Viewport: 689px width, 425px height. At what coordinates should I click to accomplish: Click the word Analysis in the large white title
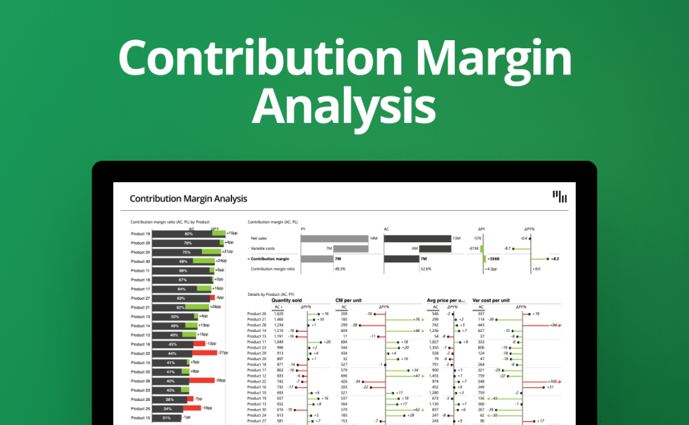344,108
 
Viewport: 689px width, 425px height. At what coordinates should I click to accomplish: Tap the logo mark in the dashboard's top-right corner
560,197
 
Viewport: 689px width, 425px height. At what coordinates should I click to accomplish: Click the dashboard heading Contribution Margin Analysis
188,199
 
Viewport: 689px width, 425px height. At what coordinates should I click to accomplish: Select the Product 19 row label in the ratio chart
140,234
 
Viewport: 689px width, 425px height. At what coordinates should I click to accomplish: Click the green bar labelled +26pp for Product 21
199,307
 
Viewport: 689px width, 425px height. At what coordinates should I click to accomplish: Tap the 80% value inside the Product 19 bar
189,234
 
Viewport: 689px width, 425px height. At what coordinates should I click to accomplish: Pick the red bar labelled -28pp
202,380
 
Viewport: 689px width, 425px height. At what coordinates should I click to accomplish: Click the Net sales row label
260,238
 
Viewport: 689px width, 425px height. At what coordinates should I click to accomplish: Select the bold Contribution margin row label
270,258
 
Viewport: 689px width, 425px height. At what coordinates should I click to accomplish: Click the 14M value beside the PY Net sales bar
375,238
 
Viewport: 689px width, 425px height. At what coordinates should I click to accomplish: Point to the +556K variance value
494,258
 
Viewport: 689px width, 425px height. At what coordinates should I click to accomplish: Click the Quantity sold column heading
286,301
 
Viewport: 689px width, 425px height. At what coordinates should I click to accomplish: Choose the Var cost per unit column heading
491,301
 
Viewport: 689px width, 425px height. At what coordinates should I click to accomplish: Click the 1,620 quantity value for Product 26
279,313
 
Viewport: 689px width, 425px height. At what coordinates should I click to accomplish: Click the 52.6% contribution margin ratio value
425,269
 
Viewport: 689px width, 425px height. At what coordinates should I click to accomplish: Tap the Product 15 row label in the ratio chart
140,418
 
